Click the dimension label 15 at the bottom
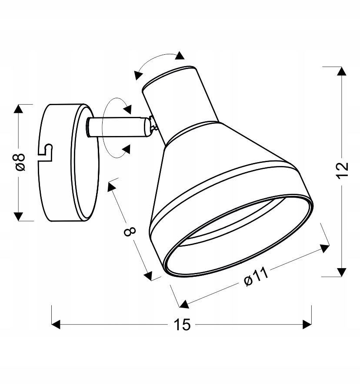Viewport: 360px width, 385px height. (182, 325)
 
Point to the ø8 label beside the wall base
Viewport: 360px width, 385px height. (20, 162)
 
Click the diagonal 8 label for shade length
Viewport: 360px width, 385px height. (130, 231)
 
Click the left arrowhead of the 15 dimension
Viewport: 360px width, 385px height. (56, 324)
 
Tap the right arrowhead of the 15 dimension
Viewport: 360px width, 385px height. (307, 324)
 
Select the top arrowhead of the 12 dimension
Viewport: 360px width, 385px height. (342, 71)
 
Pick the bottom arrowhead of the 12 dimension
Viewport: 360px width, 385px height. (342, 272)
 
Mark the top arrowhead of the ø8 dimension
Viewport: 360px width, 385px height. (18, 109)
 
